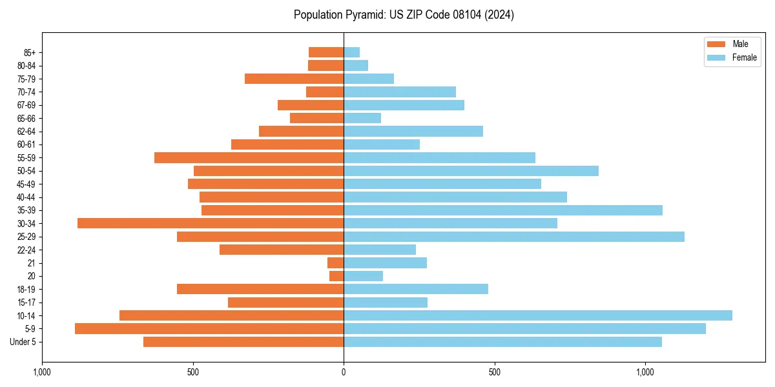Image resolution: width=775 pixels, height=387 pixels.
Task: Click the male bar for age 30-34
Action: (x=211, y=223)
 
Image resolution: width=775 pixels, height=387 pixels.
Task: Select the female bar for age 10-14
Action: (x=538, y=315)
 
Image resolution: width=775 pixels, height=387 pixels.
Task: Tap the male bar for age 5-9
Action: (x=209, y=328)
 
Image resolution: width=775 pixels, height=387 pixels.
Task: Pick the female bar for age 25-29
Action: (x=514, y=237)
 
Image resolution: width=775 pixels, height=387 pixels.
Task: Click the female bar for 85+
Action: (x=352, y=52)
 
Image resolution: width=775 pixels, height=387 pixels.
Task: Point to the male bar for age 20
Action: (x=336, y=276)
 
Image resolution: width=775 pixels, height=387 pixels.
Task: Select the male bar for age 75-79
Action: (x=294, y=79)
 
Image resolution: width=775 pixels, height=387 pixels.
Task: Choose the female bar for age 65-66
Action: (x=362, y=118)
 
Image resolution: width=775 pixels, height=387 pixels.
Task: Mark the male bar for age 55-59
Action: (x=249, y=157)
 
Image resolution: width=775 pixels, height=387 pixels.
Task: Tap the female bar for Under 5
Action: (x=502, y=342)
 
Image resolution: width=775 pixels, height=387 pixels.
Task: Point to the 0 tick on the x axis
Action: (x=344, y=372)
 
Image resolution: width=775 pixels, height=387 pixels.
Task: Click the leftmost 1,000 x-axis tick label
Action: (x=42, y=372)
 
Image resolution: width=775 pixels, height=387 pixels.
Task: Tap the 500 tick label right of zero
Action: (x=494, y=372)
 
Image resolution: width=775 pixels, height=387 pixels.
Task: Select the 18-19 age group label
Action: (x=26, y=289)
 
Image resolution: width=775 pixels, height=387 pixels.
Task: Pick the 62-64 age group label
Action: (x=26, y=132)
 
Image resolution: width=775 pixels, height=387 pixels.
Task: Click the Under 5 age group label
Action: (x=23, y=342)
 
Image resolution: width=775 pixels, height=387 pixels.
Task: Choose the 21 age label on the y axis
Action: (x=32, y=263)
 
